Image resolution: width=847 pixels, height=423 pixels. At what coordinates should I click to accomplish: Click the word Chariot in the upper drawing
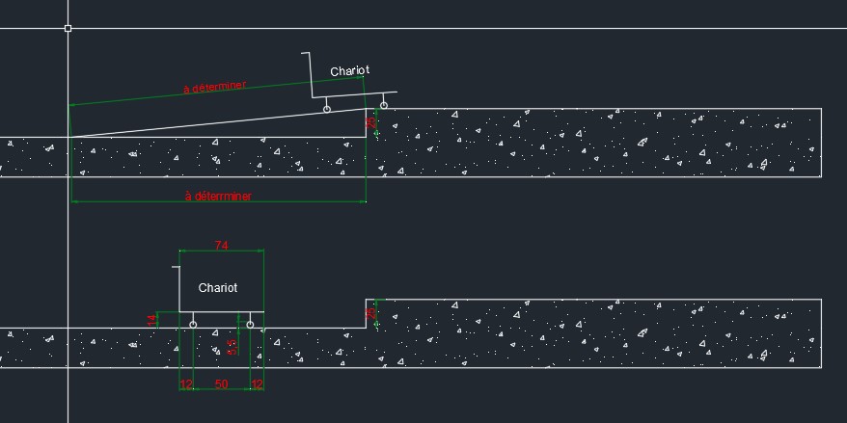tap(349, 71)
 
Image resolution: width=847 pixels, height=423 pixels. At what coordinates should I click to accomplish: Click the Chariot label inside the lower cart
tap(217, 288)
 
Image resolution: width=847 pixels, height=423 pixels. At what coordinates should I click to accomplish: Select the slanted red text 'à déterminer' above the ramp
tap(214, 88)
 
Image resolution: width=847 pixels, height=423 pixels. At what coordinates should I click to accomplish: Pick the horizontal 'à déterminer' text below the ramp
tap(218, 197)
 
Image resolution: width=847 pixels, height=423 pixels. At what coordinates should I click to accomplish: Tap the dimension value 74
tap(221, 247)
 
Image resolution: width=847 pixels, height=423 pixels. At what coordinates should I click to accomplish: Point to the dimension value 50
tap(221, 384)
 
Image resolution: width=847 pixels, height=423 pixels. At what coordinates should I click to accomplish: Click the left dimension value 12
tap(186, 384)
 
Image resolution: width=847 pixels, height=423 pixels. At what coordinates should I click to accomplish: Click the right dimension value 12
tap(257, 384)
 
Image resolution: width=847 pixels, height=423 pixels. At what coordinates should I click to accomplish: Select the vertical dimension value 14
tap(151, 320)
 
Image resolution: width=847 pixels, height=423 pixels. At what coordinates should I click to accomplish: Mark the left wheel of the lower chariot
tap(193, 325)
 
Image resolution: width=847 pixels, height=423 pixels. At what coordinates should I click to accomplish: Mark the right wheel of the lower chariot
tap(250, 325)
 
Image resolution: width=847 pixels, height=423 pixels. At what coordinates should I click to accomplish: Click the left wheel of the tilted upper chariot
tap(326, 110)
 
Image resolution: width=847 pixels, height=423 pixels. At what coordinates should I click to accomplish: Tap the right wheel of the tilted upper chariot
tap(384, 105)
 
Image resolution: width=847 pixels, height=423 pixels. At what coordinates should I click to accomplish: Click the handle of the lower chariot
tap(177, 265)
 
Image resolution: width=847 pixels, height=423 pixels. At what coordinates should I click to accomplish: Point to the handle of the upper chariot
tap(307, 54)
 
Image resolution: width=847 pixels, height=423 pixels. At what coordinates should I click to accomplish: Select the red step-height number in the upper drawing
tap(369, 122)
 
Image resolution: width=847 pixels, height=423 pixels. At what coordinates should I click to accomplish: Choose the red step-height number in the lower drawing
tap(369, 314)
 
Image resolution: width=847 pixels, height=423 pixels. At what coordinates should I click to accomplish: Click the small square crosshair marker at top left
tap(68, 29)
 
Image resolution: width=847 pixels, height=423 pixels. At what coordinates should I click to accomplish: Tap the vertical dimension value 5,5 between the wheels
tap(232, 347)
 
